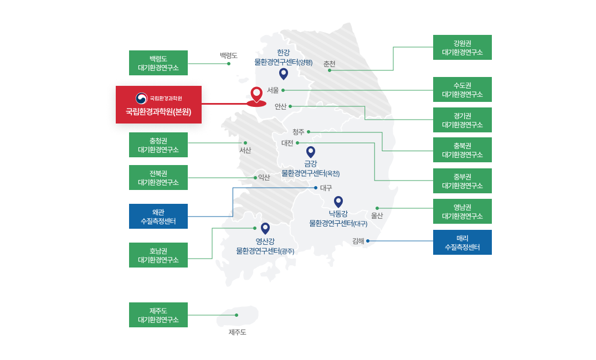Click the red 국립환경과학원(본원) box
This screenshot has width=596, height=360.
(158, 105)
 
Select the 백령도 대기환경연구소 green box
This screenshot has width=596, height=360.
(158, 63)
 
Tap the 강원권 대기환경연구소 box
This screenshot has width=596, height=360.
(462, 47)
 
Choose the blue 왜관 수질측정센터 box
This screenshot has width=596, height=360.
(158, 216)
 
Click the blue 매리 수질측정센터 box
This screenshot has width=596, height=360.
(462, 242)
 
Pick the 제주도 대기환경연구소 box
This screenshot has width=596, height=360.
(158, 315)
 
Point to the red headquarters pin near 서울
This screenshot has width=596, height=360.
(256, 95)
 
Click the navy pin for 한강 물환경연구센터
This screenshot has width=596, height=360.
(284, 74)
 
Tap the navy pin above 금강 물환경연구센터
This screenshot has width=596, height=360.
(311, 151)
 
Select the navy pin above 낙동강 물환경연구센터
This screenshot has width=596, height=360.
(338, 202)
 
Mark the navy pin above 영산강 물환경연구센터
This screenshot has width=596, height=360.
(265, 228)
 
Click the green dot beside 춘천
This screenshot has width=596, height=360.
(330, 70)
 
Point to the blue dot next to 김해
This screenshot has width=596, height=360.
(368, 241)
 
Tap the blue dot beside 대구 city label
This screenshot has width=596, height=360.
(316, 188)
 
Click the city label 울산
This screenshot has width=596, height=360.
(377, 215)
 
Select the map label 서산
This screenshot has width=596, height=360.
(245, 150)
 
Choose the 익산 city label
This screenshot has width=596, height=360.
(264, 178)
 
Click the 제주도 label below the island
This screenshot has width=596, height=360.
(237, 332)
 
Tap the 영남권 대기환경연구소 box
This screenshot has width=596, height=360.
(462, 211)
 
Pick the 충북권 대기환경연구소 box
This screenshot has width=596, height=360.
(462, 150)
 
